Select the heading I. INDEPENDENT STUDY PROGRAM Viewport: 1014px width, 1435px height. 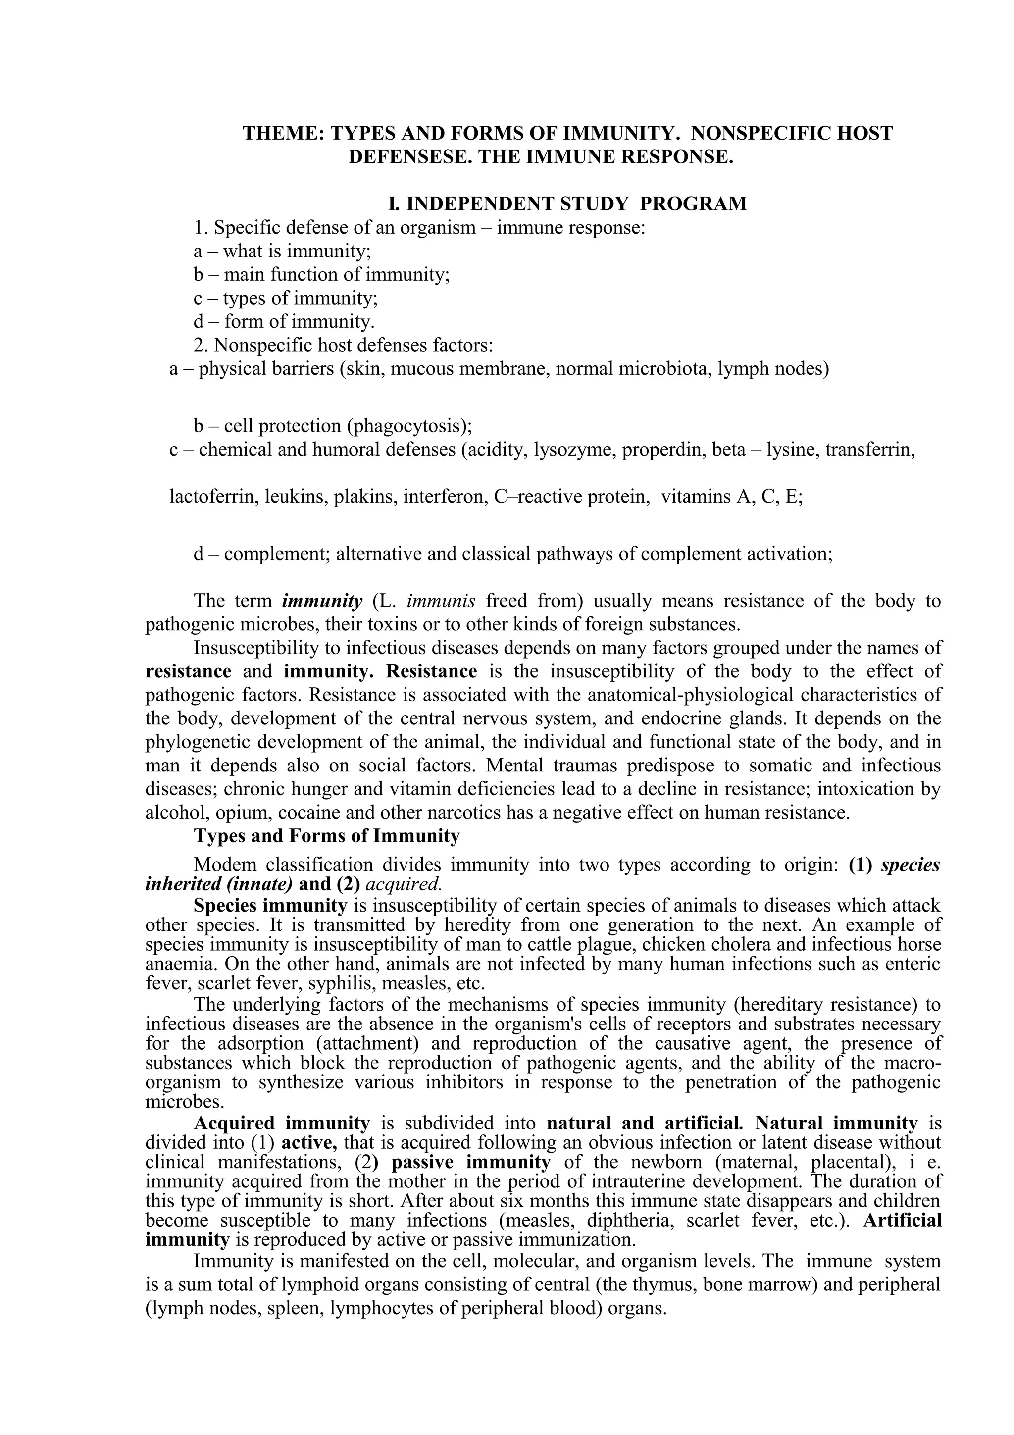click(x=567, y=204)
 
